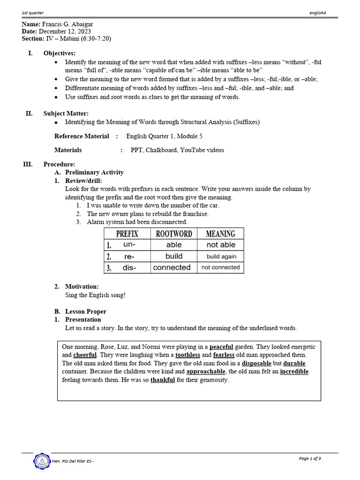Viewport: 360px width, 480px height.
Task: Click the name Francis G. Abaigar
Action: [71, 24]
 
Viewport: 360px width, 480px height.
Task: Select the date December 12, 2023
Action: [68, 31]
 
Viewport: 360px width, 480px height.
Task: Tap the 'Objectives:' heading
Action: [59, 53]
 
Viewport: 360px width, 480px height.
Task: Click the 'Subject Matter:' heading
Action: [66, 113]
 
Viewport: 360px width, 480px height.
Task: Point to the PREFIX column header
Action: [127, 233]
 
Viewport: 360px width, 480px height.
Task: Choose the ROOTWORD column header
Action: [174, 233]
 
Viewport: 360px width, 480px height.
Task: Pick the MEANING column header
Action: [220, 233]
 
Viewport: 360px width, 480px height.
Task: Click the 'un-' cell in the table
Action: [129, 245]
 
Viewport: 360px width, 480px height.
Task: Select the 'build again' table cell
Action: [221, 256]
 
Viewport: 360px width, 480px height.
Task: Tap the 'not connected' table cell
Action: [220, 267]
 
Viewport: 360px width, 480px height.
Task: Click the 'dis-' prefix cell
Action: [129, 268]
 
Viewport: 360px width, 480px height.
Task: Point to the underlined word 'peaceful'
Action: [221, 347]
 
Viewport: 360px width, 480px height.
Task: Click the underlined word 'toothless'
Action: [187, 355]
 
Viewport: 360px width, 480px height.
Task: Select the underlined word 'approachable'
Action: [206, 372]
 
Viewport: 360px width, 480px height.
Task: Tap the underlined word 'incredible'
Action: [294, 372]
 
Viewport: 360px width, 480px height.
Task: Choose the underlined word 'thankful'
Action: [162, 380]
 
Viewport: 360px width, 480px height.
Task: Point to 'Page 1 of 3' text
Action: [309, 458]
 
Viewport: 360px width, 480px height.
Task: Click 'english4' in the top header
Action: [317, 13]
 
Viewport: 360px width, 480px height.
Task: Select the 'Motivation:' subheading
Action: [82, 286]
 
